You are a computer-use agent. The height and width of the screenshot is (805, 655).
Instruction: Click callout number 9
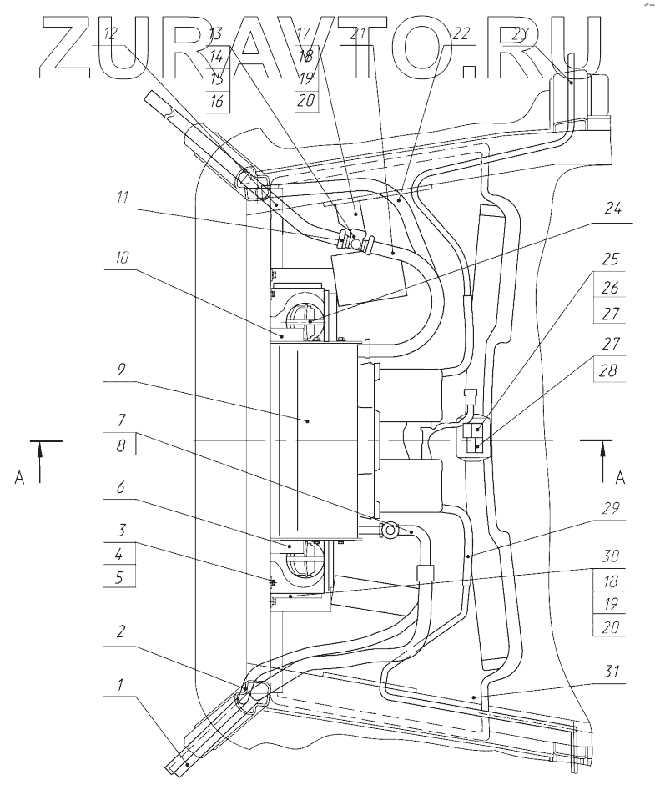(122, 369)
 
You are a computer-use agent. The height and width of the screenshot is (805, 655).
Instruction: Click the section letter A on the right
(619, 478)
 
